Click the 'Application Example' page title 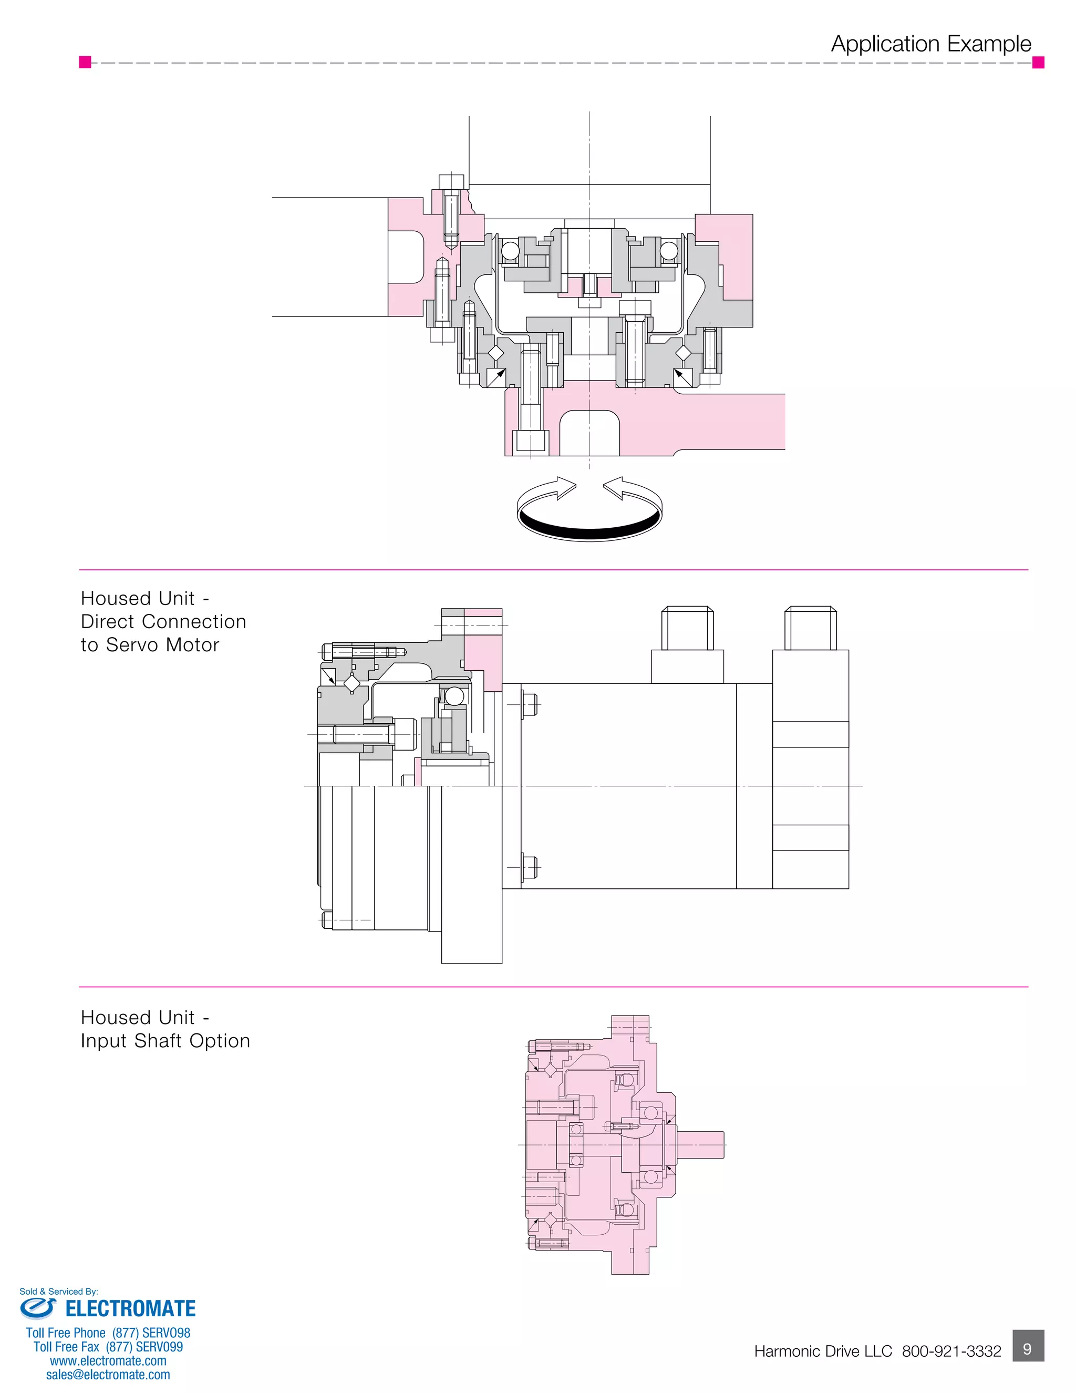[930, 44]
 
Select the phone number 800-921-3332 [951, 1351]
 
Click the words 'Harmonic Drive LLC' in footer [823, 1351]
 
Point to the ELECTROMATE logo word [131, 1309]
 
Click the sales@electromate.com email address [108, 1375]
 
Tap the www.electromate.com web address [108, 1360]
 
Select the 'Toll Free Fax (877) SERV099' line [108, 1346]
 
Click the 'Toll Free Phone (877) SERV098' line [108, 1333]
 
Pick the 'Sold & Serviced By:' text [59, 1292]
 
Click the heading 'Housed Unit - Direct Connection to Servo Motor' [163, 621]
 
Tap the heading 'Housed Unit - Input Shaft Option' [165, 1029]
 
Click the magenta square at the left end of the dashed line [85, 62]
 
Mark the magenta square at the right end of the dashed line [1038, 62]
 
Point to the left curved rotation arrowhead [565, 488]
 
